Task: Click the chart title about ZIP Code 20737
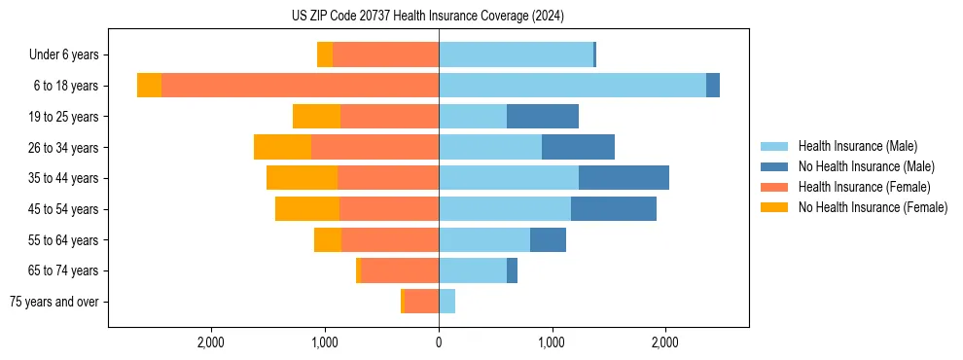pyautogui.click(x=428, y=17)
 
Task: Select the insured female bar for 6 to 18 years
pyautogui.click(x=300, y=86)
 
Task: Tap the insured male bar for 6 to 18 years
pyautogui.click(x=572, y=86)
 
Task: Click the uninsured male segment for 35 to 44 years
pyautogui.click(x=624, y=178)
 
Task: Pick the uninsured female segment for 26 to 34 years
pyautogui.click(x=282, y=147)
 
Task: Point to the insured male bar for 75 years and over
pyautogui.click(x=446, y=302)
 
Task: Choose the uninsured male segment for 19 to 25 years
pyautogui.click(x=543, y=117)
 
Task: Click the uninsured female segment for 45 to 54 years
pyautogui.click(x=307, y=209)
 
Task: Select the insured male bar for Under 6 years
pyautogui.click(x=516, y=54)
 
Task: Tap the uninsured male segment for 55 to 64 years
pyautogui.click(x=548, y=239)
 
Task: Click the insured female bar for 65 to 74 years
pyautogui.click(x=400, y=270)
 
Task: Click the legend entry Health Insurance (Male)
pyautogui.click(x=857, y=146)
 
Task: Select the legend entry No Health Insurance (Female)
pyautogui.click(x=873, y=207)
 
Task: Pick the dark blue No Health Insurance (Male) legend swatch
pyautogui.click(x=774, y=166)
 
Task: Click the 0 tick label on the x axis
pyautogui.click(x=439, y=342)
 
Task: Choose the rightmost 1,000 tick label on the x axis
pyautogui.click(x=552, y=342)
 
